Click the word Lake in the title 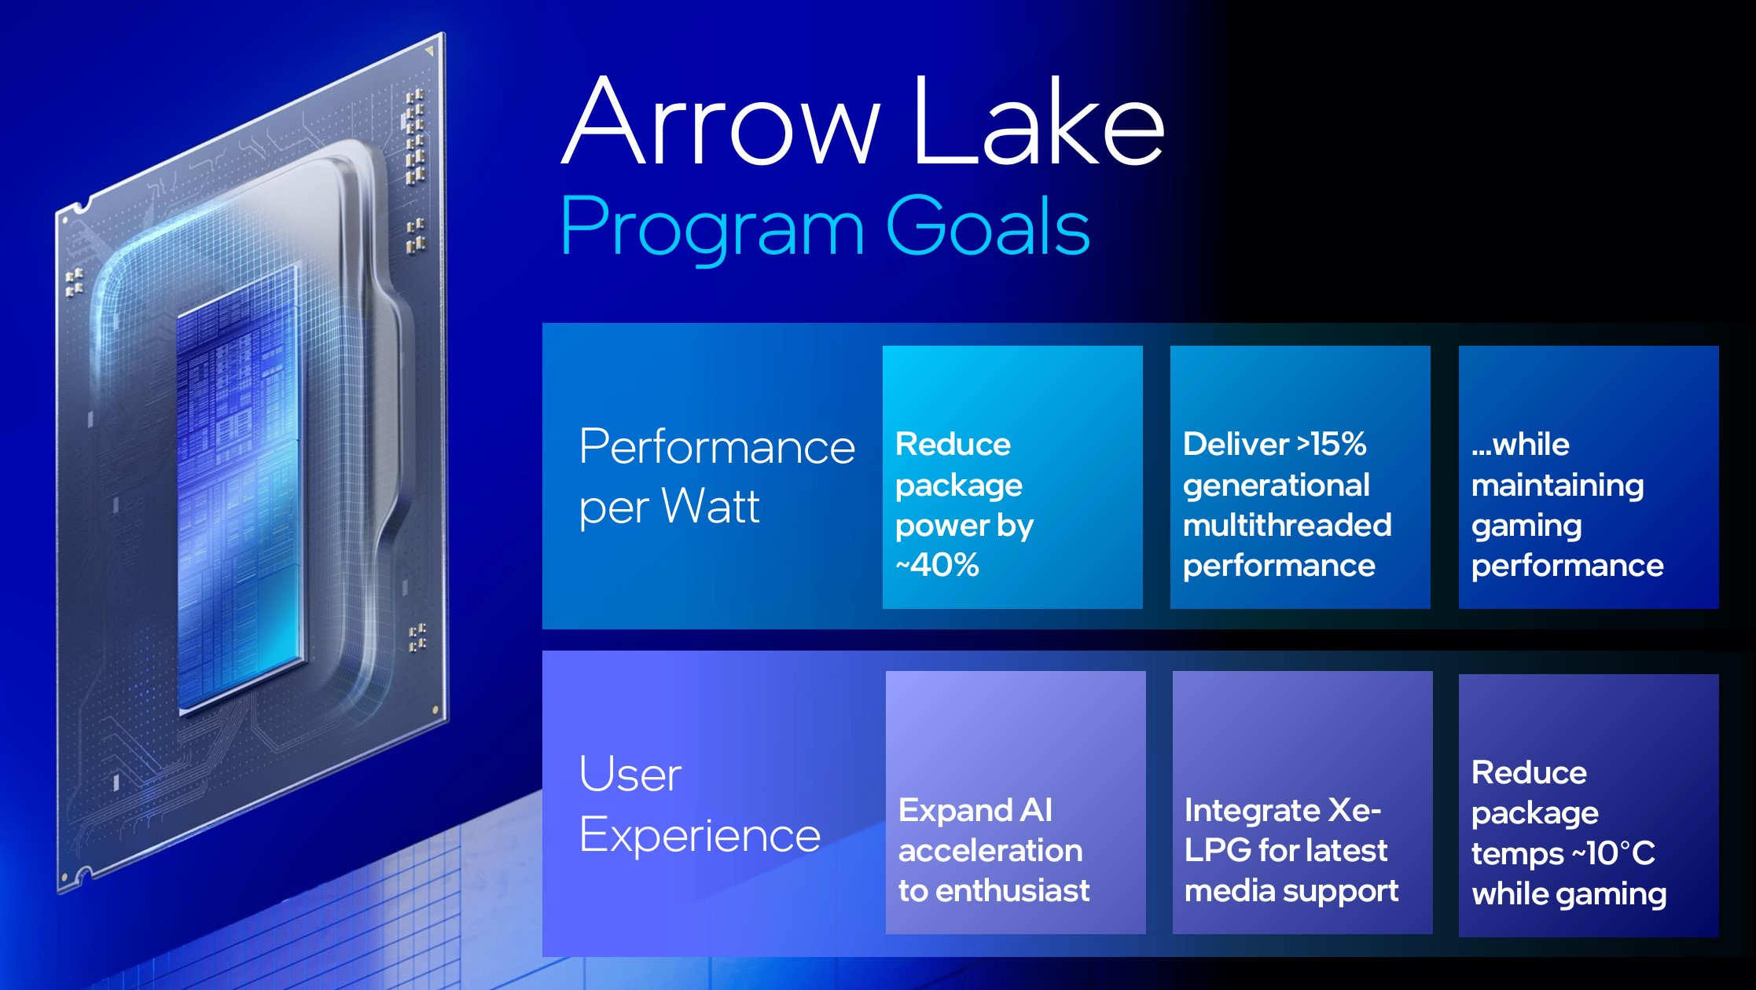[1038, 120]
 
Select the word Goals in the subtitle [988, 225]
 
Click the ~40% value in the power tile [937, 565]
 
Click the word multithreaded [1288, 525]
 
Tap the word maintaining [1557, 486]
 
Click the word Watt [710, 506]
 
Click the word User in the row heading [630, 774]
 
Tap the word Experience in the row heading [700, 835]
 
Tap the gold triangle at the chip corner [429, 51]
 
